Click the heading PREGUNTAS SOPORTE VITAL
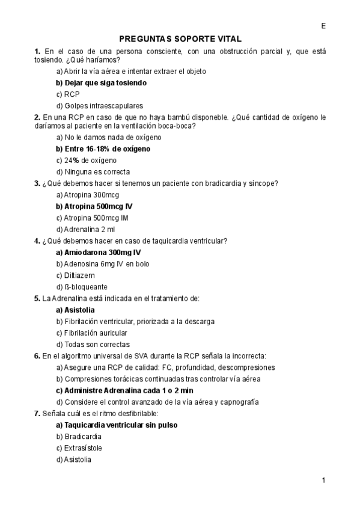(180, 39)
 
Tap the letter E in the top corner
(323, 26)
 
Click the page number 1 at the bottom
(323, 480)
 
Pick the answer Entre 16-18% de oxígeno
(103, 149)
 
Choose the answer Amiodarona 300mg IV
(98, 253)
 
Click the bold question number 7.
(37, 413)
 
